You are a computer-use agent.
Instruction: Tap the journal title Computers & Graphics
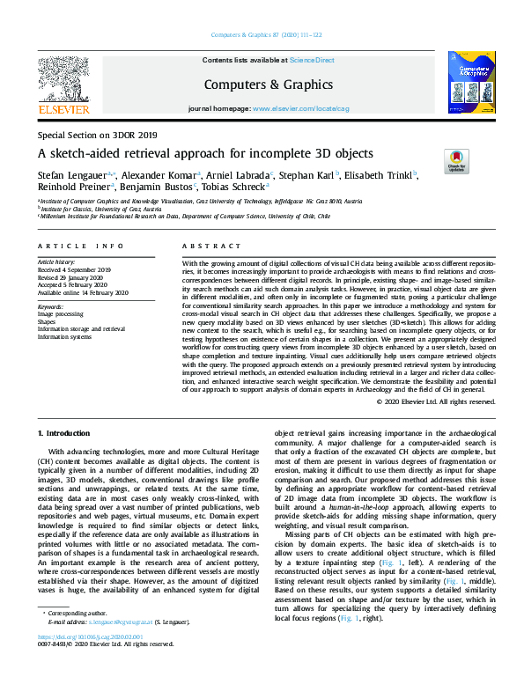[x=261, y=85]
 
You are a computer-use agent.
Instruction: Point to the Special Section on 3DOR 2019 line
[x=98, y=136]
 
